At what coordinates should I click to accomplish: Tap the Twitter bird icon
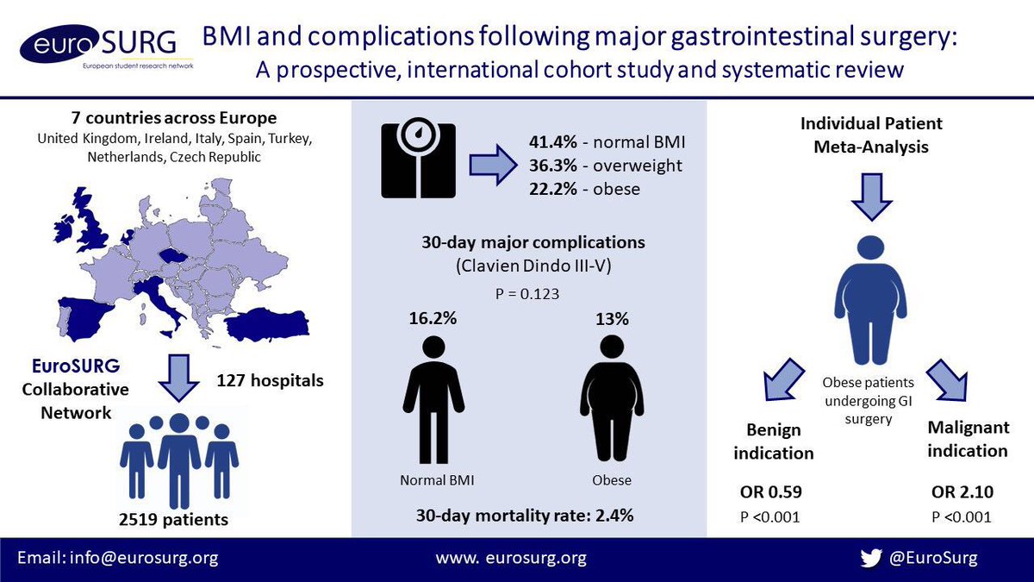point(871,558)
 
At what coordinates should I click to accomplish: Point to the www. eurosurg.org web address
point(511,558)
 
